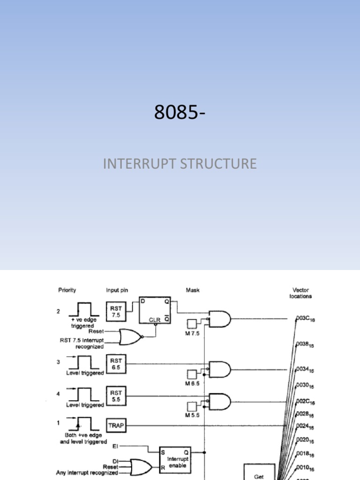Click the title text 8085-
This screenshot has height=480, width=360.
(180, 112)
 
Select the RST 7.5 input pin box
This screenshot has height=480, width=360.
(116, 311)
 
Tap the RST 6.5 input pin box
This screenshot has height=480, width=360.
(116, 364)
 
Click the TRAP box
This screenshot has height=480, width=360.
(116, 426)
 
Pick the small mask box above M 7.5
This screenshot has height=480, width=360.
(191, 323)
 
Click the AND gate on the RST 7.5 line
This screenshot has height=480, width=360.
(220, 319)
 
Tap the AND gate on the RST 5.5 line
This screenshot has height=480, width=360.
(220, 401)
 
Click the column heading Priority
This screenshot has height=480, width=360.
(67, 290)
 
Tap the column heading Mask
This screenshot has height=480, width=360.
(192, 290)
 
